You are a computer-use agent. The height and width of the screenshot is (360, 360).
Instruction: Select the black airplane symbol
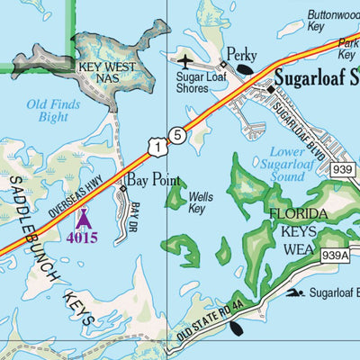pyautogui.click(x=186, y=62)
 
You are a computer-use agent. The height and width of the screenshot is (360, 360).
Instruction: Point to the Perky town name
pyautogui.click(x=241, y=54)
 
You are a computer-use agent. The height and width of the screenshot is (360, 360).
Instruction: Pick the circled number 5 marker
pyautogui.click(x=179, y=135)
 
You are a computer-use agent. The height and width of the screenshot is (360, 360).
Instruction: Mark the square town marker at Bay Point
pyautogui.click(x=123, y=189)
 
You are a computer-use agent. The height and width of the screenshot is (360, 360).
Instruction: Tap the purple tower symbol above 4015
pyautogui.click(x=83, y=218)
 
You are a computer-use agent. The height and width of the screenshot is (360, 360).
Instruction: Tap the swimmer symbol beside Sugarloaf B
pyautogui.click(x=295, y=292)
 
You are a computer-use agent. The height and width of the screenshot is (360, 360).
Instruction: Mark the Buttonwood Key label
pyautogui.click(x=332, y=21)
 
